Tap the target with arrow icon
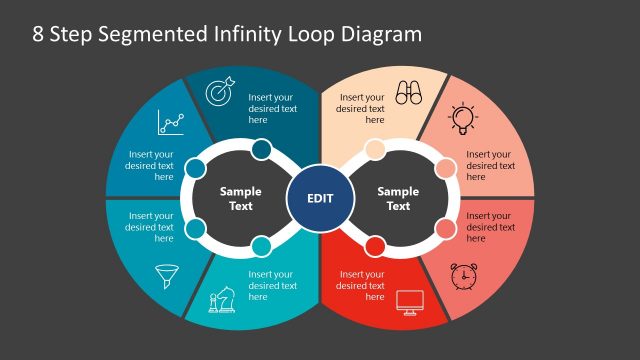pos(219,92)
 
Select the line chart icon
pos(171,123)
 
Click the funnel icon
pos(165,275)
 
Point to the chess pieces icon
pos(221,301)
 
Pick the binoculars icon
pos(408,93)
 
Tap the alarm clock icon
pos(463,275)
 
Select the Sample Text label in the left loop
pos(240,198)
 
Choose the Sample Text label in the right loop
pos(398,198)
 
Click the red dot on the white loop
pos(375,246)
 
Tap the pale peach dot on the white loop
pos(374,151)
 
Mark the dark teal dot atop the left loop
pos(261,151)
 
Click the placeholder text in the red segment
pos(361,285)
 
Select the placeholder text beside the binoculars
pos(361,108)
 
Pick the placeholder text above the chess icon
pos(273,285)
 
